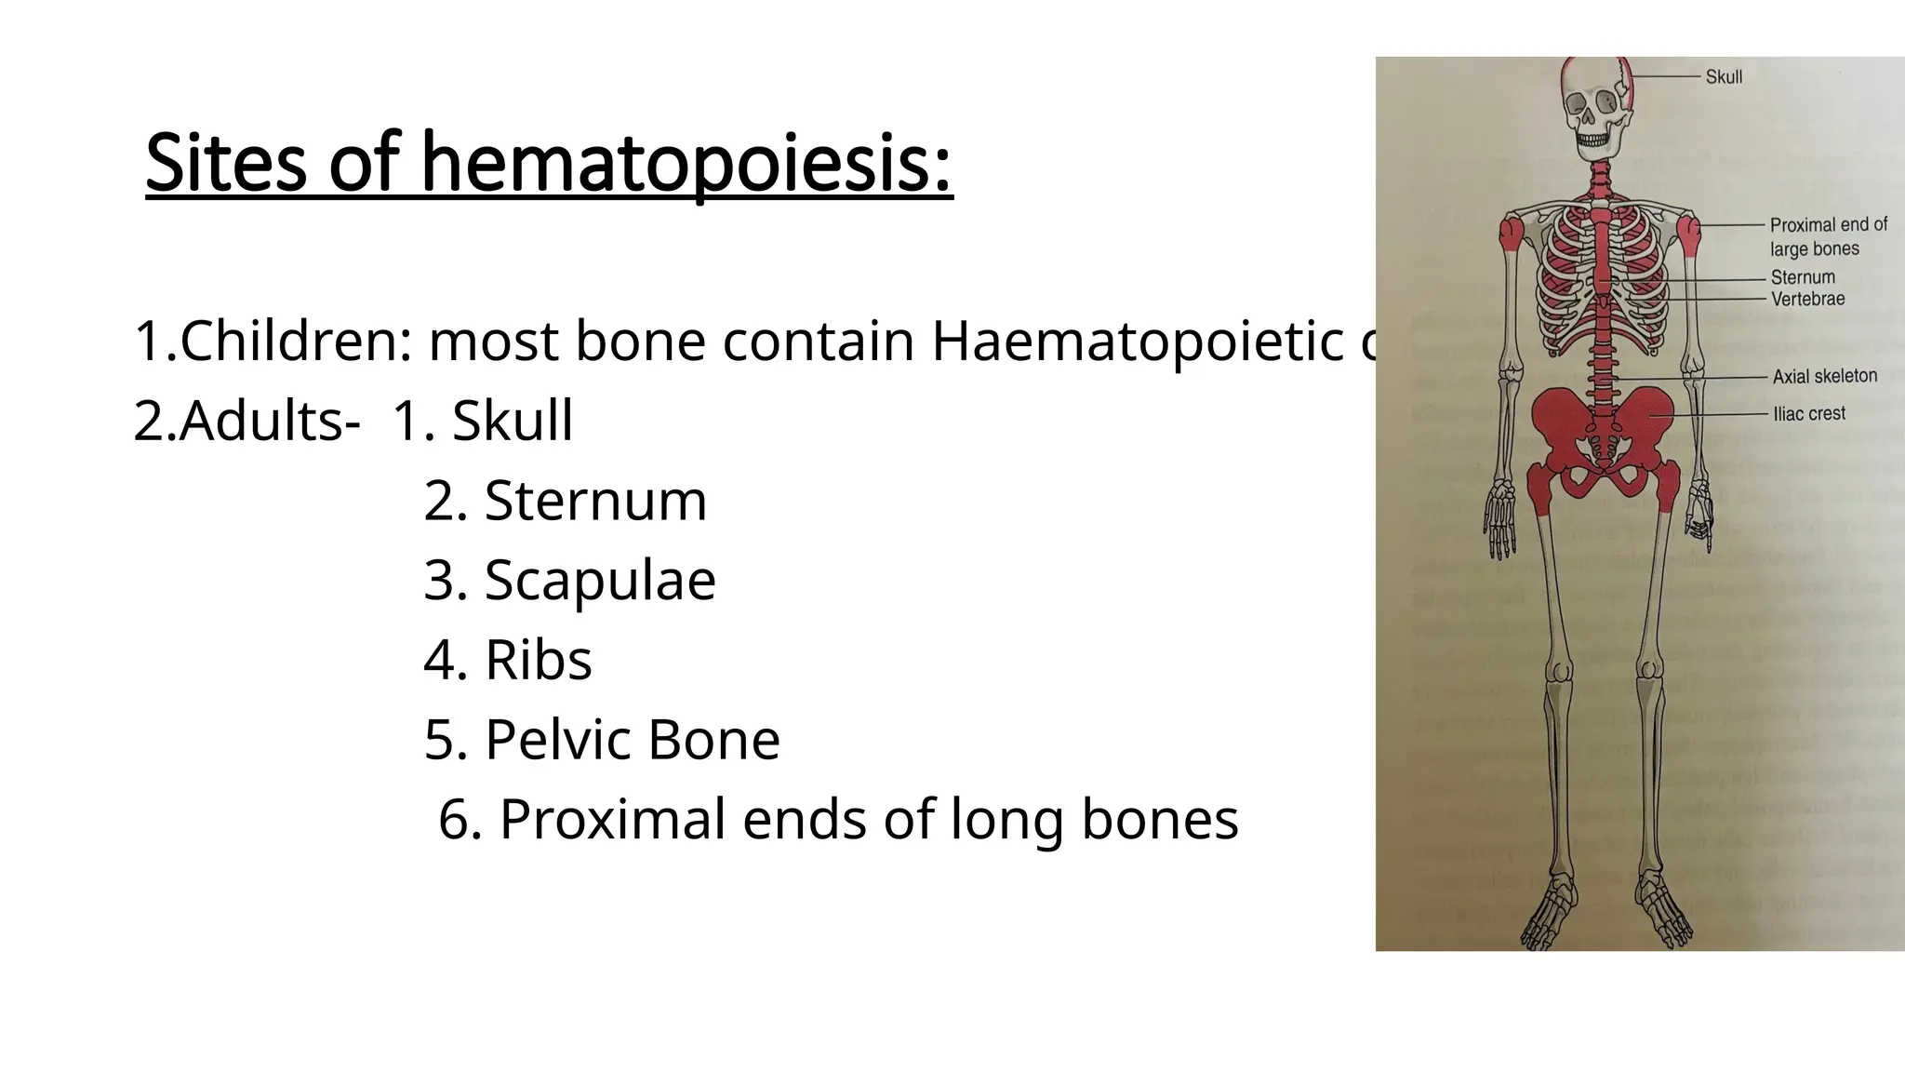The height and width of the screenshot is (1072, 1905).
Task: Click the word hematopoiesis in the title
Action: pos(686,165)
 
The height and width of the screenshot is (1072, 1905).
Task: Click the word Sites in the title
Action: pos(226,165)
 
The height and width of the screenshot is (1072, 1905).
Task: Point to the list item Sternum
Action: pos(595,501)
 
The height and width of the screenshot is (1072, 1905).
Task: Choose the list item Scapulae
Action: pos(600,581)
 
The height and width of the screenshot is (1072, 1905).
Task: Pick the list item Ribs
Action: pos(538,661)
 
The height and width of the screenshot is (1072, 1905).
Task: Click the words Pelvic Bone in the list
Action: pos(632,741)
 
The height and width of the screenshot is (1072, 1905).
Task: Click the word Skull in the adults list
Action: pos(512,422)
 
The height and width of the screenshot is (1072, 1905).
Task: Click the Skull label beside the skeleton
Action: pos(1724,77)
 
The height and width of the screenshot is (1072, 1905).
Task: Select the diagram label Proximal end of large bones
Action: pos(1827,236)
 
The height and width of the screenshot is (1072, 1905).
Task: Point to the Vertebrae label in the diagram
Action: pos(1807,300)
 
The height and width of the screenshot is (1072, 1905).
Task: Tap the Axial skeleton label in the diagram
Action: pos(1824,376)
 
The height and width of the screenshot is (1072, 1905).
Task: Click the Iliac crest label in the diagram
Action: pos(1808,413)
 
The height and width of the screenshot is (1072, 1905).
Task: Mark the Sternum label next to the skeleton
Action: pos(1802,277)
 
